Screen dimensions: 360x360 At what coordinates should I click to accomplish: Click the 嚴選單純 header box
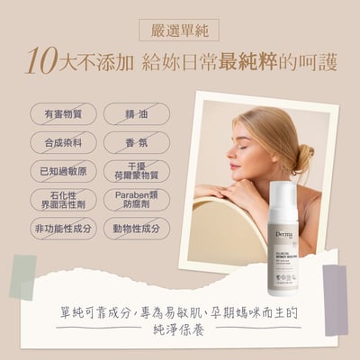pyautogui.click(x=180, y=30)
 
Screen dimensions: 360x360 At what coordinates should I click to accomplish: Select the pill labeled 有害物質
pyautogui.click(x=63, y=113)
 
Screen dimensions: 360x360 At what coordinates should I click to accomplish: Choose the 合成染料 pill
pyautogui.click(x=63, y=142)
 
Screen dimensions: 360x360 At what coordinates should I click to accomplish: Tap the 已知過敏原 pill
pyautogui.click(x=63, y=171)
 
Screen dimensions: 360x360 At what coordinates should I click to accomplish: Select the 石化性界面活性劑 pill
pyautogui.click(x=63, y=200)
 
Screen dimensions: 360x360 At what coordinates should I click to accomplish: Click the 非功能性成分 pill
pyautogui.click(x=63, y=229)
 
